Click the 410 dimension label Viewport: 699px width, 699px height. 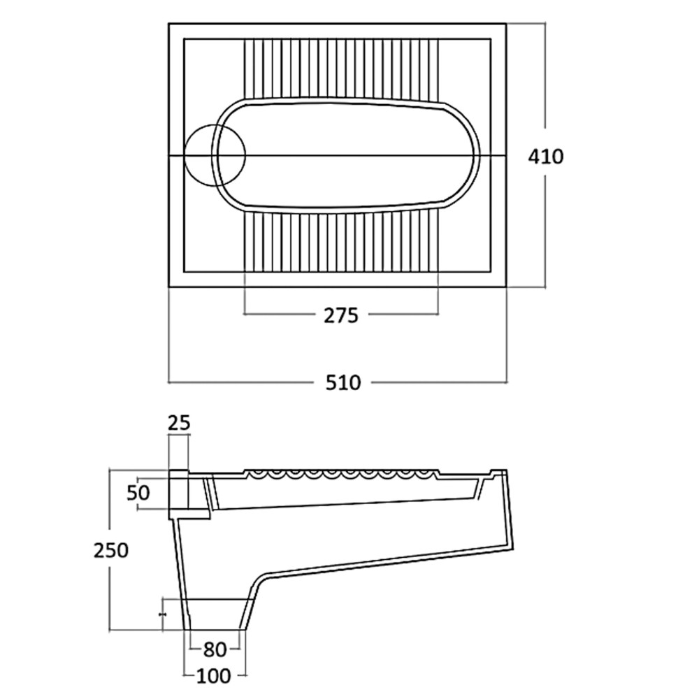tap(545, 156)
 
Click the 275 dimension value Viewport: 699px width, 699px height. tap(340, 315)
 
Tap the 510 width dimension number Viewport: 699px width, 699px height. tap(343, 382)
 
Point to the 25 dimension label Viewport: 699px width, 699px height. tap(178, 422)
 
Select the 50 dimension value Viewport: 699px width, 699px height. tap(139, 492)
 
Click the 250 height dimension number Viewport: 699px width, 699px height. tap(112, 550)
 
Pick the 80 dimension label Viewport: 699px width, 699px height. tap(214, 650)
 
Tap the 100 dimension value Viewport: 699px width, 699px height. tap(214, 676)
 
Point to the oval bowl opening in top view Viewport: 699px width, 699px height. tap(349, 155)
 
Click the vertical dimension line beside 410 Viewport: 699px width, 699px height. tap(545, 84)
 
